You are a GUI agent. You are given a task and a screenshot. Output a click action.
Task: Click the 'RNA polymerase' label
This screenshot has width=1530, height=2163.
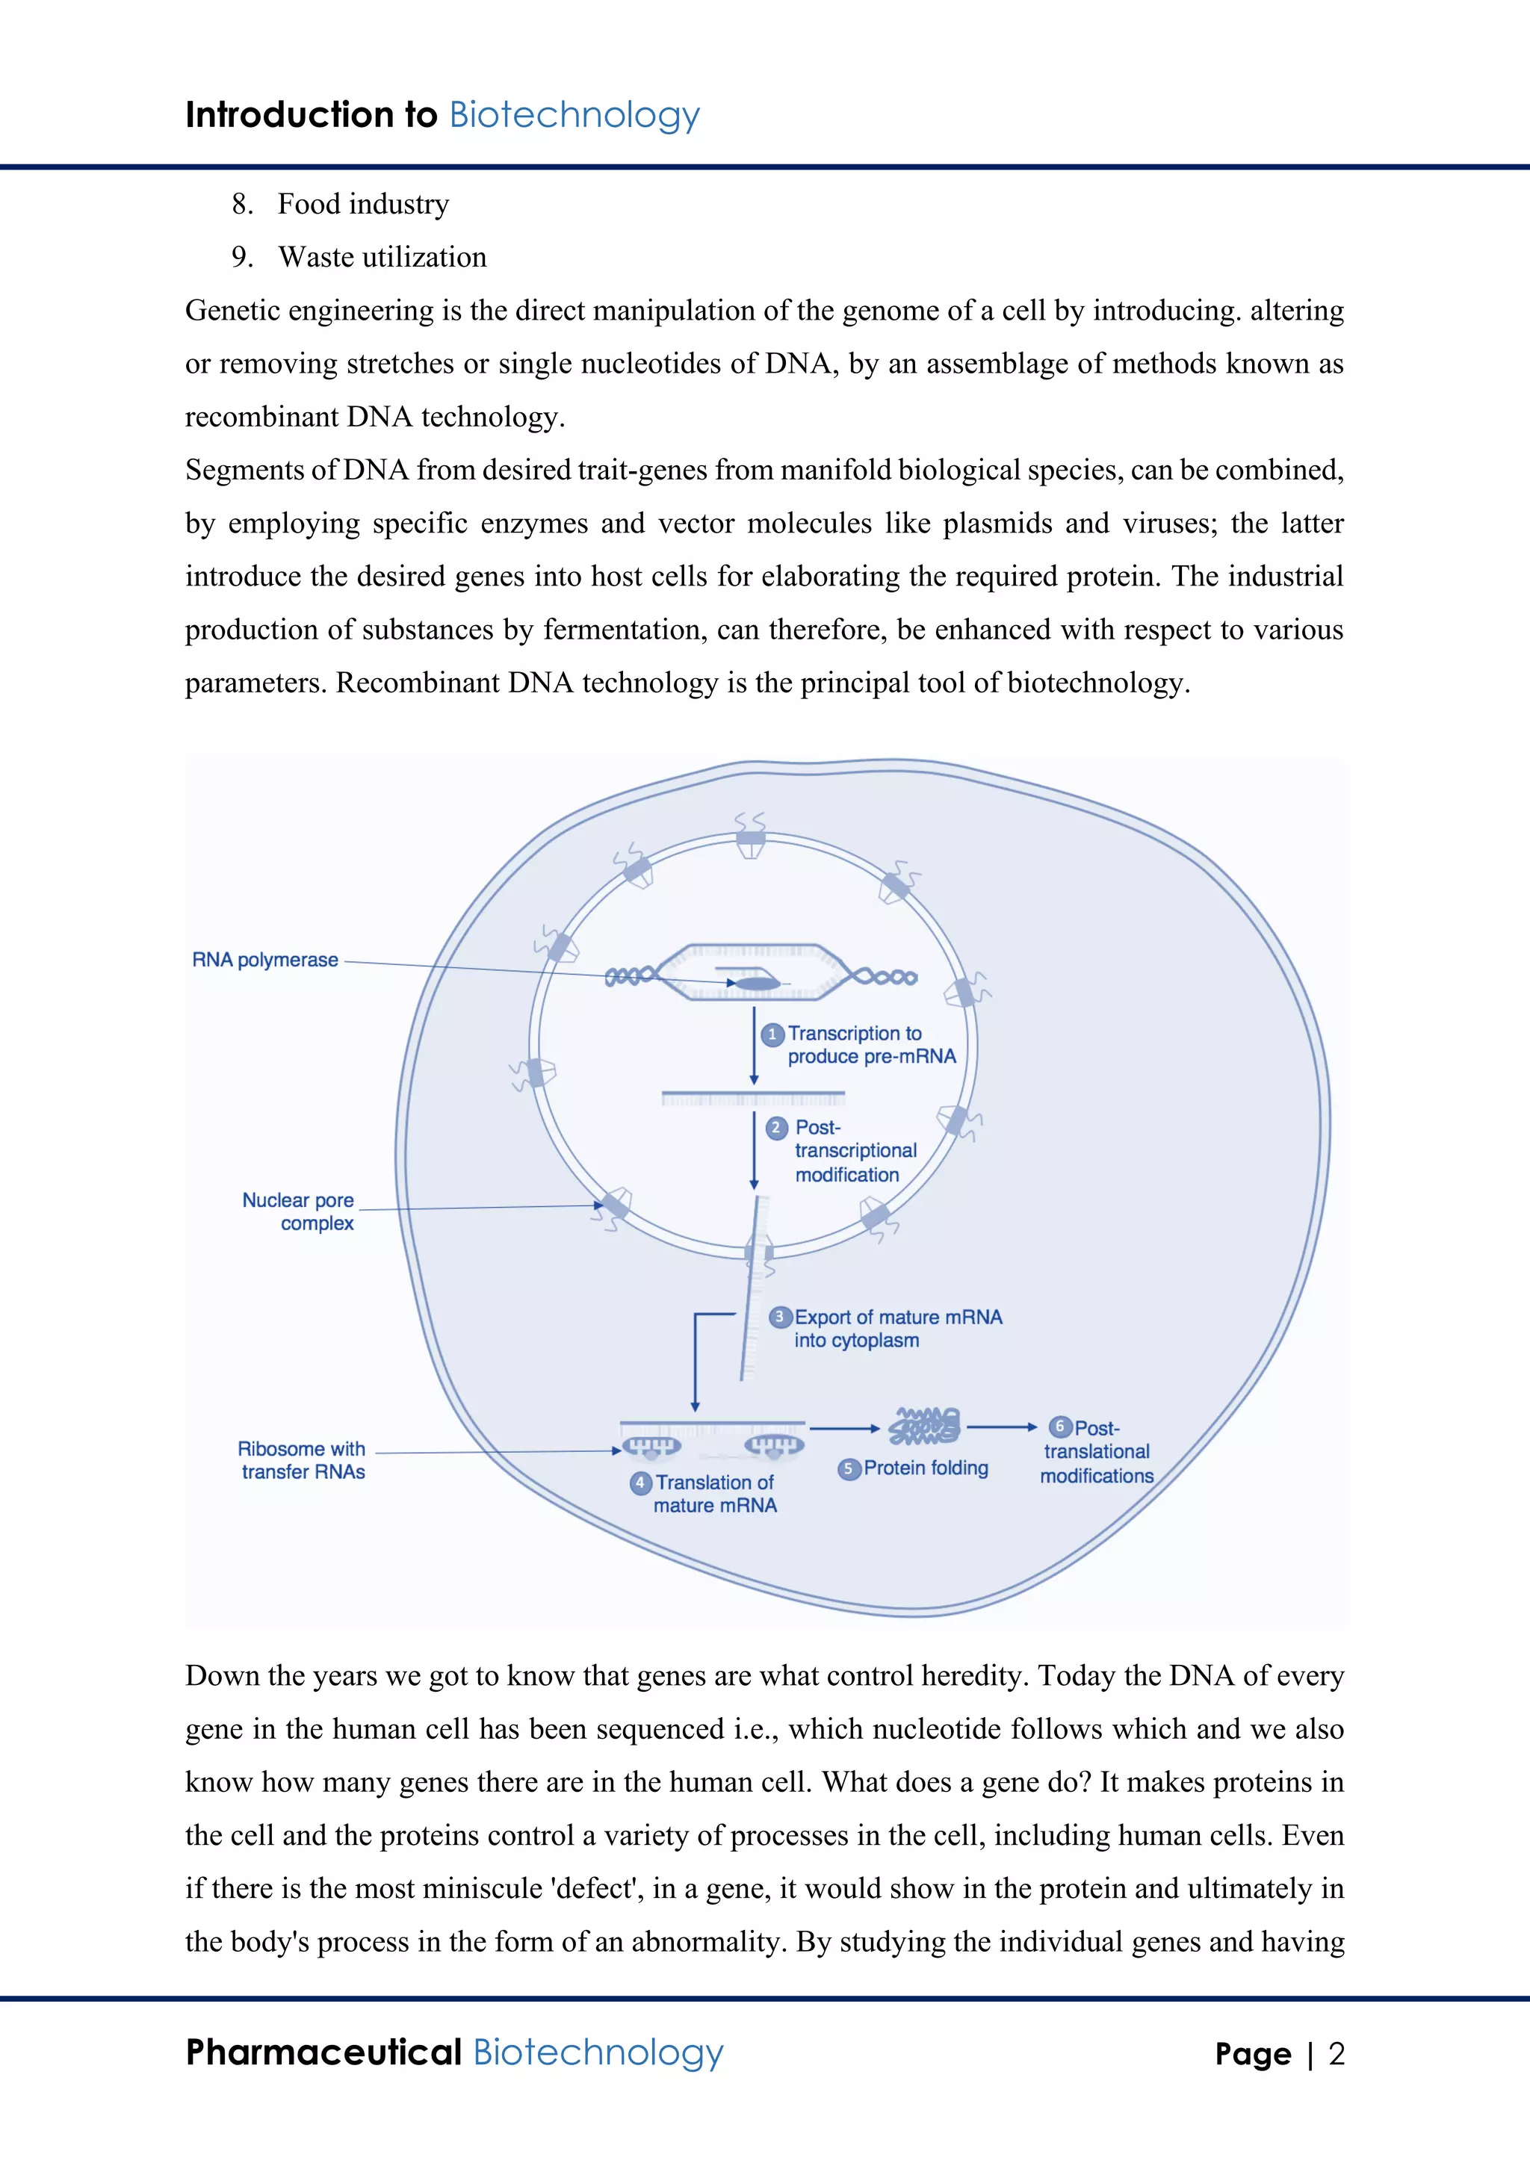click(264, 960)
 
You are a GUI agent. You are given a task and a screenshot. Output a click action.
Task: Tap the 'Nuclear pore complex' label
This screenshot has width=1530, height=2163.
click(299, 1211)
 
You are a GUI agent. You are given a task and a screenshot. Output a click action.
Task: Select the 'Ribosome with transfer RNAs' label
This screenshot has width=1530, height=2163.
click(302, 1460)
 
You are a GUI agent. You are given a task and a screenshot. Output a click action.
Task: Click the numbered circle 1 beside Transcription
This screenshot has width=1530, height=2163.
click(772, 1034)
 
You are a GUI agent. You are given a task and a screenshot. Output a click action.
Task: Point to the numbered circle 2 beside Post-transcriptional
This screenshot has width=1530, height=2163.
click(776, 1128)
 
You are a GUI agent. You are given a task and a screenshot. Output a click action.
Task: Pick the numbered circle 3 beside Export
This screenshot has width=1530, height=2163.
click(780, 1317)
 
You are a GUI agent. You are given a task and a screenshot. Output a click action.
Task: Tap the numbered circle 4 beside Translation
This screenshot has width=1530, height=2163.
click(641, 1483)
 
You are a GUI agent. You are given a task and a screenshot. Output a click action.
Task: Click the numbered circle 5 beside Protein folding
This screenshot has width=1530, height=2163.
click(849, 1468)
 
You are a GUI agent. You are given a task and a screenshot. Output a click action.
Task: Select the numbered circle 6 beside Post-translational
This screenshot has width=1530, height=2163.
click(1060, 1427)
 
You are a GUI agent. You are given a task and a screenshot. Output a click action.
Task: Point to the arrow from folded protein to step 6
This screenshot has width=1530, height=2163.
click(1002, 1427)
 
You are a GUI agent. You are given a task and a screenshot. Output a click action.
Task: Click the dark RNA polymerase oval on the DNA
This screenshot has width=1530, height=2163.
click(757, 984)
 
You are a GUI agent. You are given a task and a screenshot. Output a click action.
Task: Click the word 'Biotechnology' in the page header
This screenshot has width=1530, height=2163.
click(574, 115)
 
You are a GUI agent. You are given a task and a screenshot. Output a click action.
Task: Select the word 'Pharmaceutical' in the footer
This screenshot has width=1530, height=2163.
click(323, 2052)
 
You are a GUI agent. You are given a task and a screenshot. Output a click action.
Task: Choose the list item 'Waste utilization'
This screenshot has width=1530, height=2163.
click(382, 257)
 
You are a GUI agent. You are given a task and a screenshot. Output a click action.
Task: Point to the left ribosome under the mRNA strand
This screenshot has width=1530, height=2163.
click(651, 1446)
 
